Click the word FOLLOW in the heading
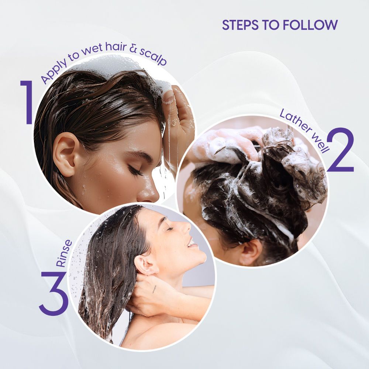click(x=310, y=25)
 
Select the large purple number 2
click(x=341, y=150)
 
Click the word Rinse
click(x=64, y=253)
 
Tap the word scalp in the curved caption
click(x=153, y=57)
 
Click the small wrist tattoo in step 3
click(x=154, y=289)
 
